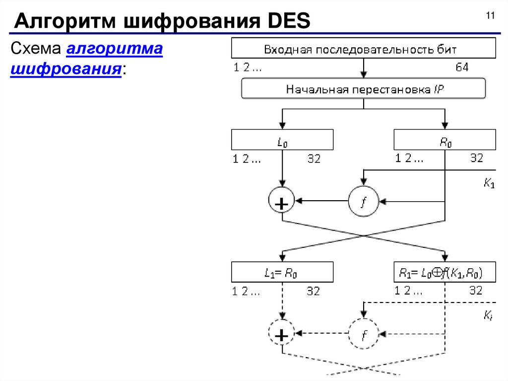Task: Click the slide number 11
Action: click(x=490, y=16)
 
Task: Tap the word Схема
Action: click(x=35, y=50)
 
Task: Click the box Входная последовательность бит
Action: click(x=364, y=50)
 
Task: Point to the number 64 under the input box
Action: click(x=462, y=68)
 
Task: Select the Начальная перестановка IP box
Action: click(x=364, y=89)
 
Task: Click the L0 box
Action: click(x=282, y=140)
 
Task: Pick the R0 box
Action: click(x=444, y=140)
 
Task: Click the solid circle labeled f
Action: click(x=363, y=201)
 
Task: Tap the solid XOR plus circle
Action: click(x=281, y=202)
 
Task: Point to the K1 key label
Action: click(x=489, y=184)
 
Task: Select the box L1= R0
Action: click(x=282, y=272)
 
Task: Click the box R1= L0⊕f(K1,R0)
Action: click(x=444, y=272)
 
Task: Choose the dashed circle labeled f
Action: click(x=363, y=333)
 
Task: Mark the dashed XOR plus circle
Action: click(x=281, y=334)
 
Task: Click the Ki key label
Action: click(x=488, y=315)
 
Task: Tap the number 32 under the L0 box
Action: click(x=313, y=159)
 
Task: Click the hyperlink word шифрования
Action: click(x=66, y=68)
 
